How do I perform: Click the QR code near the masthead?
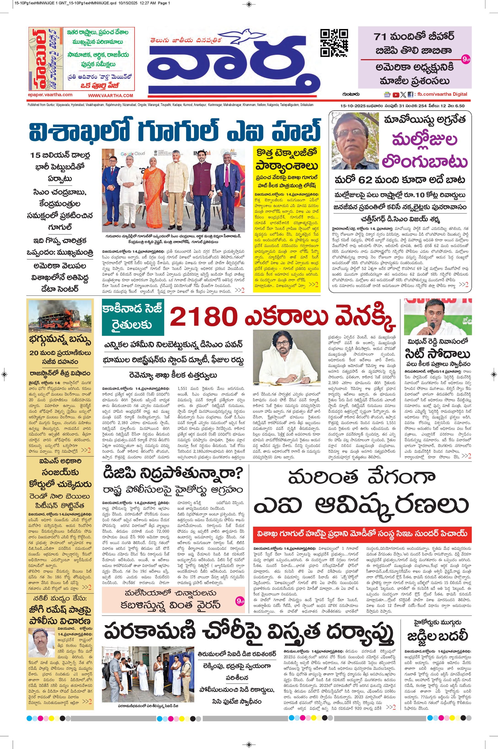[x=334, y=43]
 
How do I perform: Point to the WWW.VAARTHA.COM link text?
[x=111, y=96]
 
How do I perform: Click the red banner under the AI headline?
[x=362, y=533]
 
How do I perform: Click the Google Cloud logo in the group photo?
[x=133, y=154]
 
